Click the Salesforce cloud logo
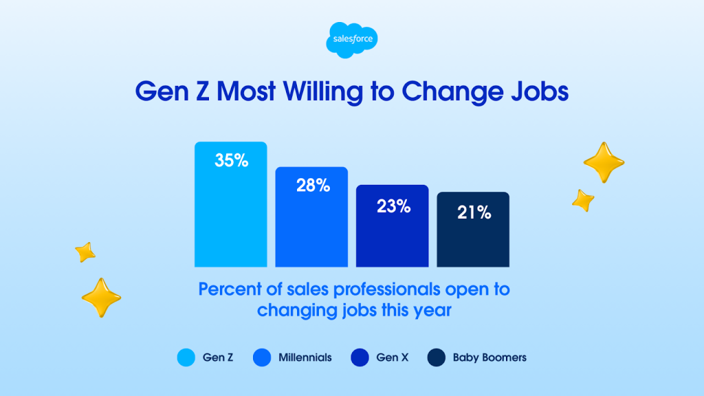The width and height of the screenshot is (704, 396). point(351,39)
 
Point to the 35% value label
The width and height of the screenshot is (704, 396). point(230,162)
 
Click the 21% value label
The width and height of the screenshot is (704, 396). point(474,212)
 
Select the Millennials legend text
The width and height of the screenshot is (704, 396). point(305,357)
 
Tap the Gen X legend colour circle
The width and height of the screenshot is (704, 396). point(360,357)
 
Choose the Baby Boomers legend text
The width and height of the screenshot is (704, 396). point(489,357)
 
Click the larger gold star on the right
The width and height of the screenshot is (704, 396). point(603,162)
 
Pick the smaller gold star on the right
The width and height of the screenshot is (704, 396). point(582,200)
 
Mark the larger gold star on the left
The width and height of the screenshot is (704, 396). point(101,297)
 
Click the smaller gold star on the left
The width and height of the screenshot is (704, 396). point(85,252)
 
